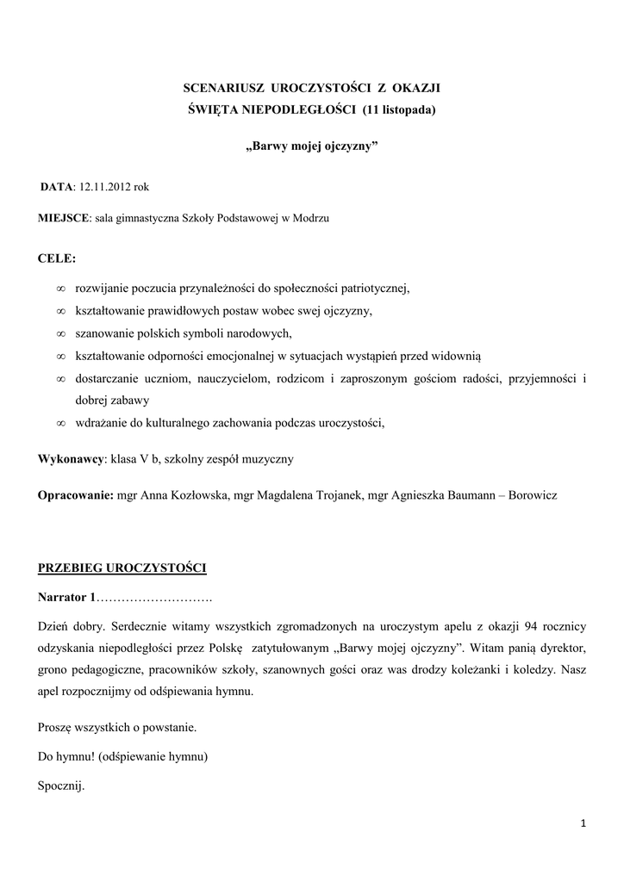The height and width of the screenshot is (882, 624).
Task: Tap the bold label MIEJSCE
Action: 64,219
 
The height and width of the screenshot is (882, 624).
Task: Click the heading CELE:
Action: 57,258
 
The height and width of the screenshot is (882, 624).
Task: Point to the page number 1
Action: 583,824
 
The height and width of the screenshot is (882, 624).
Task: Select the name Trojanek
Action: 335,496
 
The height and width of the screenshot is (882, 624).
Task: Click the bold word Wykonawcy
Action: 71,459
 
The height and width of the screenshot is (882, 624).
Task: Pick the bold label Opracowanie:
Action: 77,496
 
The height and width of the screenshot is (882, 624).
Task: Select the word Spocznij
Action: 62,786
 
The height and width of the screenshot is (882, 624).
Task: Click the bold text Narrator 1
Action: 67,597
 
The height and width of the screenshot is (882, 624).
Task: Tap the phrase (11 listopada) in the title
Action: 400,109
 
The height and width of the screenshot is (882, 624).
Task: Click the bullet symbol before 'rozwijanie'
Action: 61,289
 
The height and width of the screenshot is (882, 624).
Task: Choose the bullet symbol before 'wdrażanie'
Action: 61,423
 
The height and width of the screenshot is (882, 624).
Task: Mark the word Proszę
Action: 56,727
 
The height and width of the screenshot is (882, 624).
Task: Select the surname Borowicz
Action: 527,496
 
